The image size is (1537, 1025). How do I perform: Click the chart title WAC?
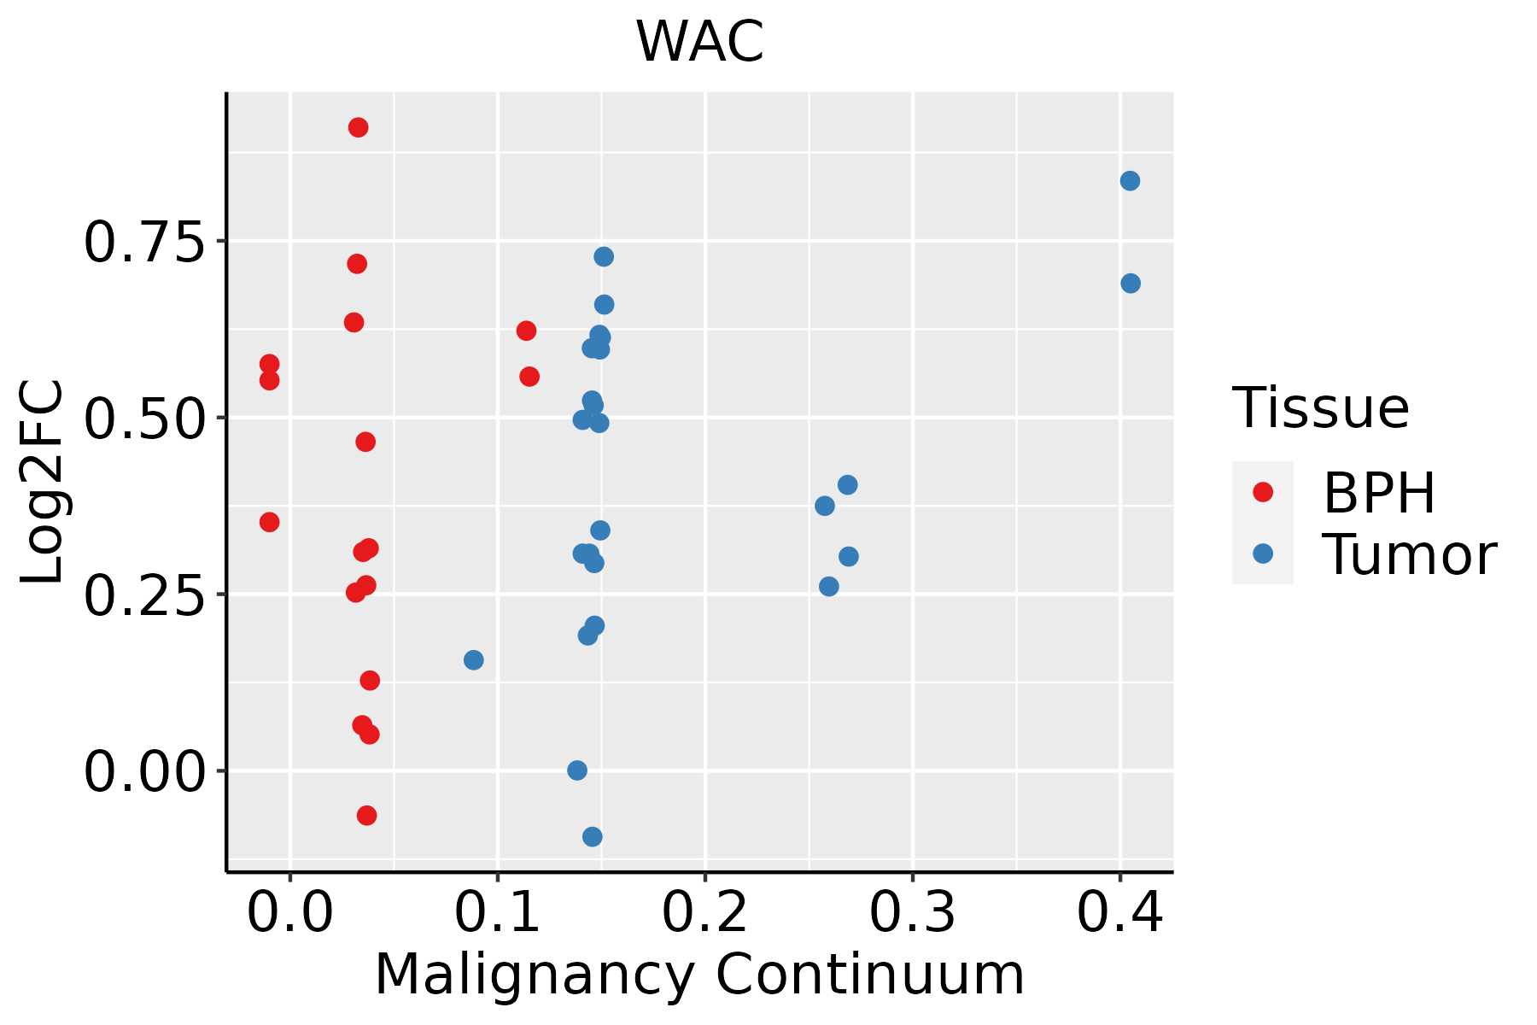pos(699,42)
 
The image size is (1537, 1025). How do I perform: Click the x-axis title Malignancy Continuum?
pos(699,975)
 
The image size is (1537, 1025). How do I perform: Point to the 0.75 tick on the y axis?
pos(145,243)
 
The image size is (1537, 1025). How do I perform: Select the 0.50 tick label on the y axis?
pos(145,419)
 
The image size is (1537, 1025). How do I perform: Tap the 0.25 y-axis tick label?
pos(145,595)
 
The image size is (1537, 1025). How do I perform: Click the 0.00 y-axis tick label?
pos(145,772)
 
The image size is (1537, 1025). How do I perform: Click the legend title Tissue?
pos(1321,408)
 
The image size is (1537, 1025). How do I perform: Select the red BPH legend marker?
pos(1262,492)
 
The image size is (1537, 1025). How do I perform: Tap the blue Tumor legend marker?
pos(1262,553)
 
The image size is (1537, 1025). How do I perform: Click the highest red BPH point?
pos(359,127)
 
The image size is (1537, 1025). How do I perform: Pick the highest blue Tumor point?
pos(1130,181)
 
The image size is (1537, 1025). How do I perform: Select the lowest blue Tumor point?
pos(593,836)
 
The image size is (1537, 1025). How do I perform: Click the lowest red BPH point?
pos(367,816)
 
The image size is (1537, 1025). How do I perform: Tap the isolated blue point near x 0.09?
pos(474,660)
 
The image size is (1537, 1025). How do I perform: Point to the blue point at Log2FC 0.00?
pos(577,770)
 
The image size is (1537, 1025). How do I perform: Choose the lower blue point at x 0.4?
pos(1131,284)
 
